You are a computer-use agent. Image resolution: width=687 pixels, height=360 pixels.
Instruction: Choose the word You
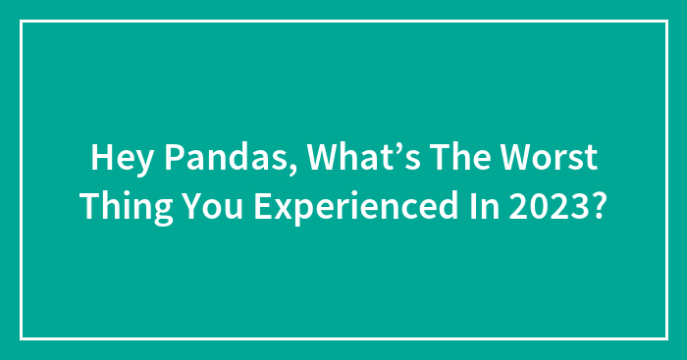(x=211, y=205)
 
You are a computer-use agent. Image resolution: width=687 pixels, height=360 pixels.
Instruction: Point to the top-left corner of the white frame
(x=21, y=21)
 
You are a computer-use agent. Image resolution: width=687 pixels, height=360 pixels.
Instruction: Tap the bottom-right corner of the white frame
(x=666, y=338)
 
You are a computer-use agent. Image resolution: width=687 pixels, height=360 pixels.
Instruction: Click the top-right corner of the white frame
(x=666, y=21)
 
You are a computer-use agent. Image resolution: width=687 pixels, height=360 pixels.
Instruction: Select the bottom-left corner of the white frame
(x=21, y=338)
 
